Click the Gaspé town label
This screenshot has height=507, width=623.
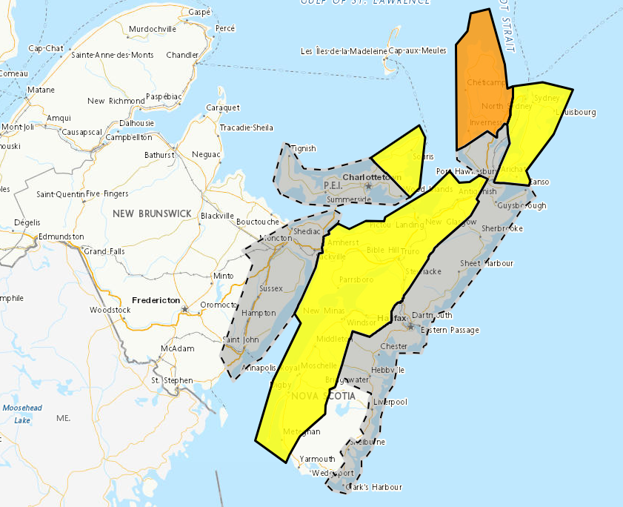pos(199,13)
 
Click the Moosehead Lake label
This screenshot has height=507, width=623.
pos(17,414)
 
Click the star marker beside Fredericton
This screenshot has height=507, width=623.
pos(185,308)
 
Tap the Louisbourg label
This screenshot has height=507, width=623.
pos(576,113)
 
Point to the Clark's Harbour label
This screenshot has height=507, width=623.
pos(376,487)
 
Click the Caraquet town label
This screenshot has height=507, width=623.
pos(222,107)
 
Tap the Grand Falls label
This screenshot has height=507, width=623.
pos(105,251)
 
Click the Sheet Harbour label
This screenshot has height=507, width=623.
pos(486,263)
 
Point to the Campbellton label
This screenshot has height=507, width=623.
pos(129,137)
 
